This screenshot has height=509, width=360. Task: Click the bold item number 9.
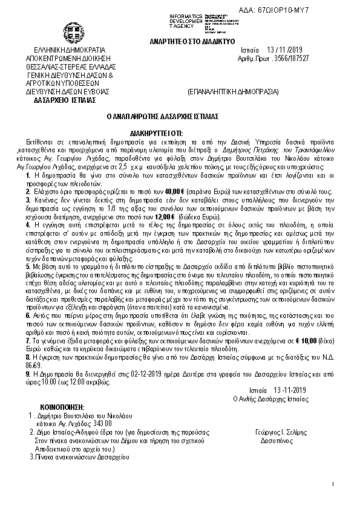[29, 366]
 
